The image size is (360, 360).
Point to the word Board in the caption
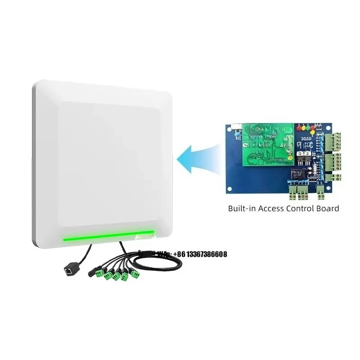(x=328, y=209)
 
